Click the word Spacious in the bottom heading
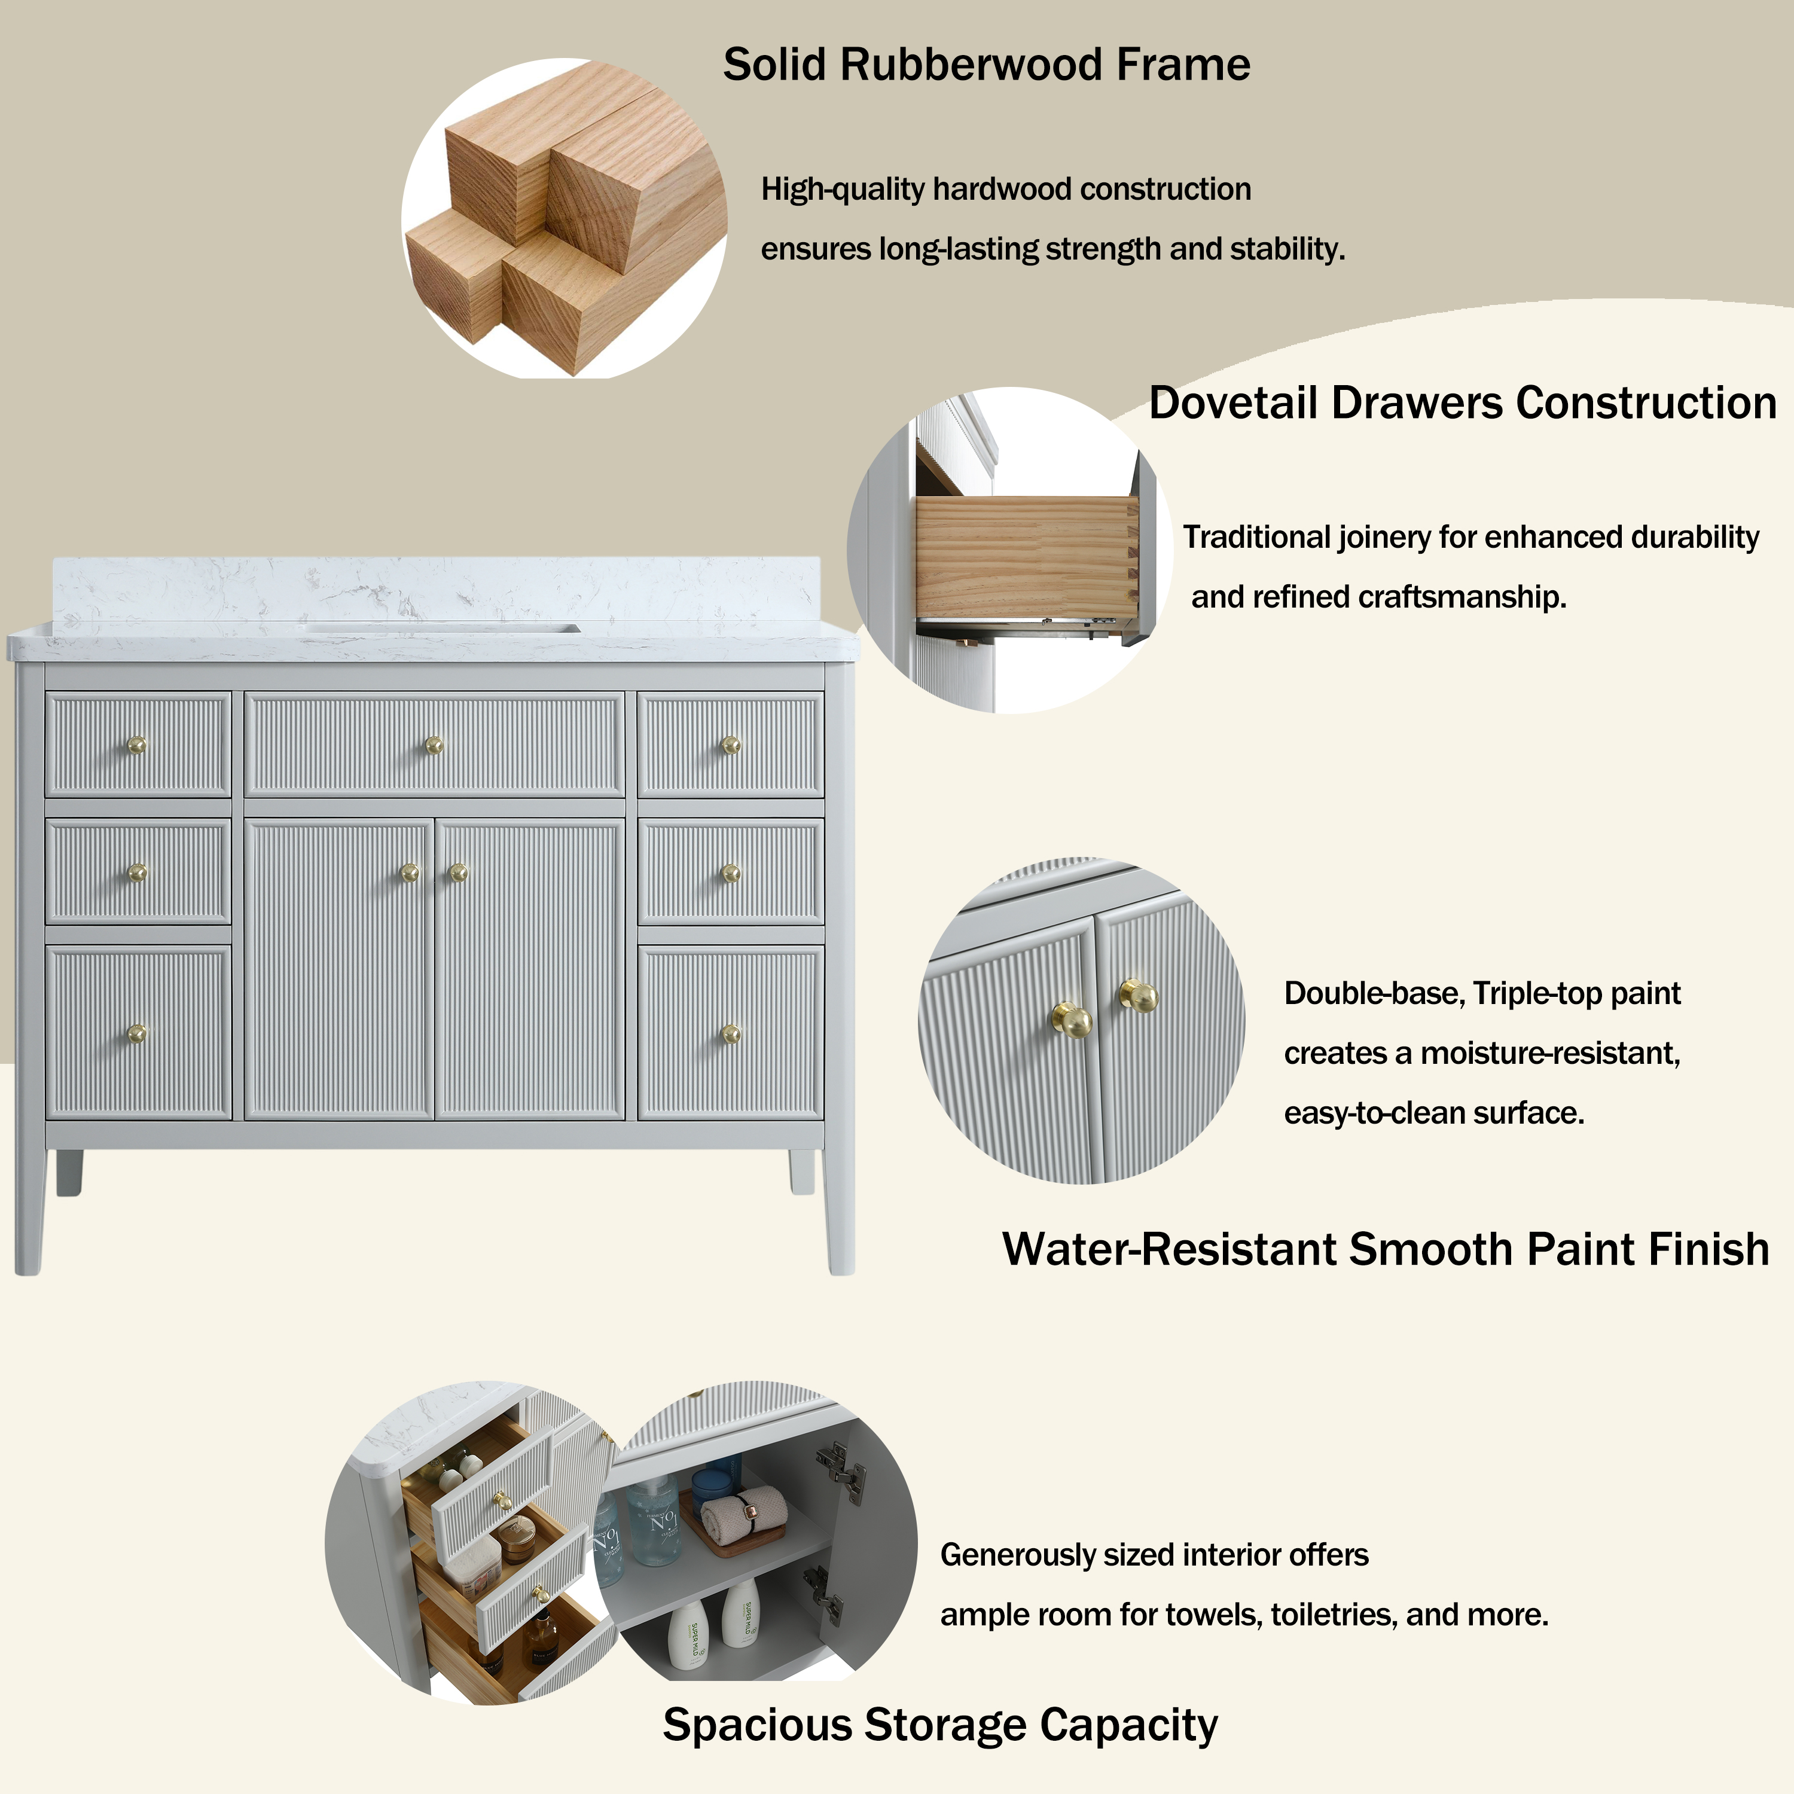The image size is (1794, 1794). click(755, 1725)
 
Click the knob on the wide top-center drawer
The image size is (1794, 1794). click(434, 745)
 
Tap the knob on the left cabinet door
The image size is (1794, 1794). click(410, 872)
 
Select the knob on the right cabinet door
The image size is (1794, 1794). click(458, 872)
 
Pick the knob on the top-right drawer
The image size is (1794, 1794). click(731, 745)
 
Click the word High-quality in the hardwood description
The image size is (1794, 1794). click(842, 190)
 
